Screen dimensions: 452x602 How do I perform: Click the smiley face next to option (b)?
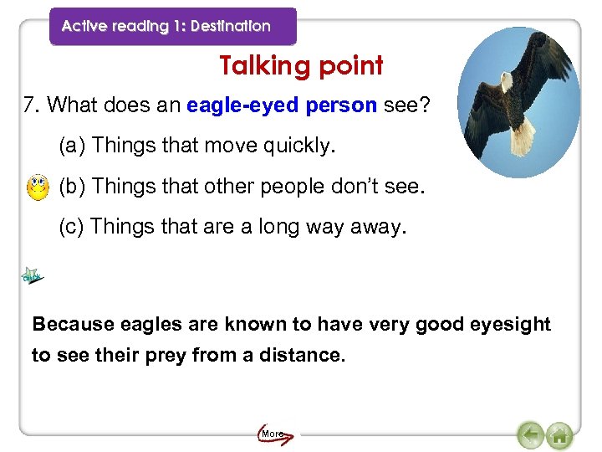coord(38,186)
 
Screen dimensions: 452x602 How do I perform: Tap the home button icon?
coord(559,435)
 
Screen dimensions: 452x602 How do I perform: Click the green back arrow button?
coord(530,435)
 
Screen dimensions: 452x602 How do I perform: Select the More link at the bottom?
coord(273,434)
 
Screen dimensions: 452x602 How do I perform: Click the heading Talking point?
coord(301,65)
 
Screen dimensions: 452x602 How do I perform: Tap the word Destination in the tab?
coord(231,26)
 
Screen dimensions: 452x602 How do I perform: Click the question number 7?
coord(31,105)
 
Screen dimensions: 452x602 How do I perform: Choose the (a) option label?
coord(73,146)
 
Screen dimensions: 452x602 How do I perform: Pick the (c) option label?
coord(72,227)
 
